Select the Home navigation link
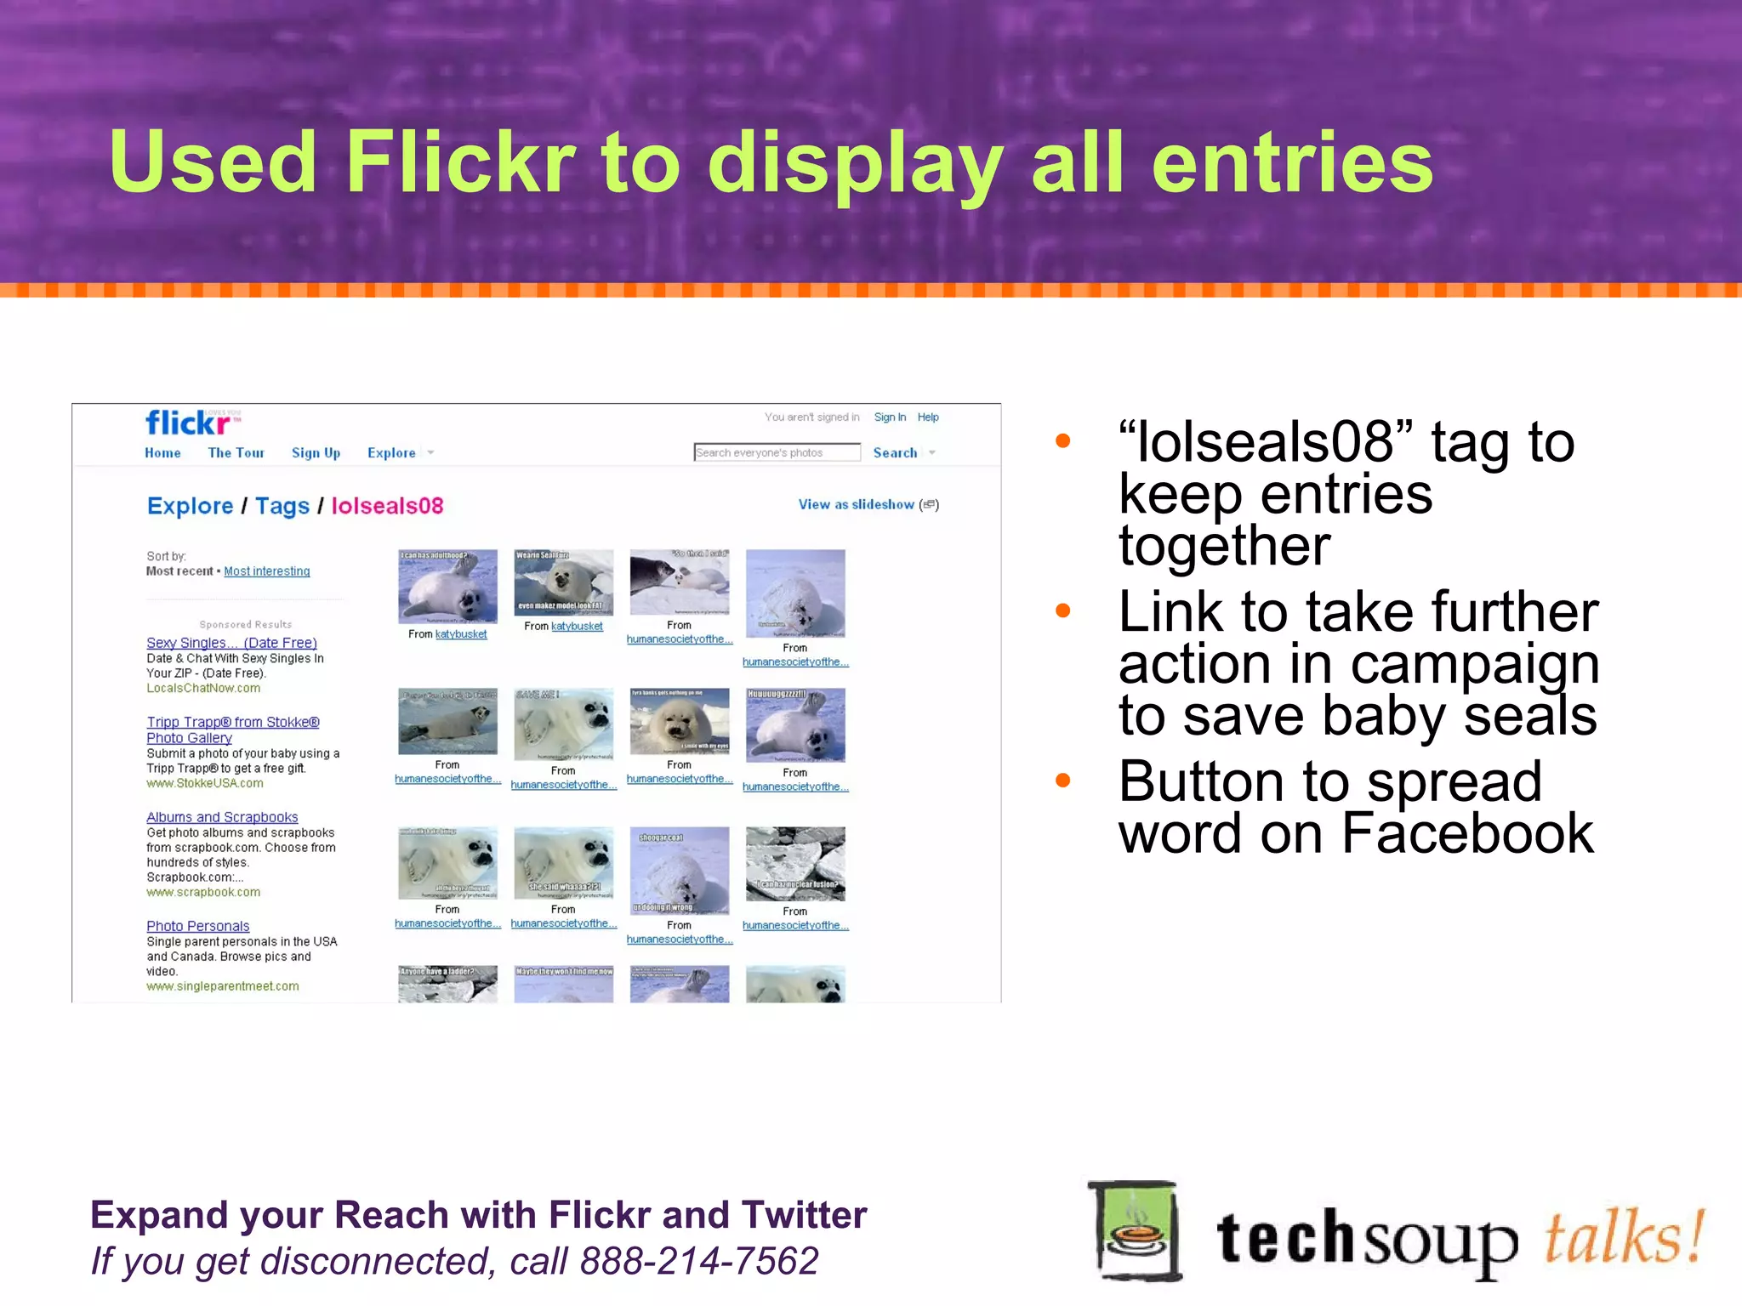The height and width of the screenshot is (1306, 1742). click(162, 453)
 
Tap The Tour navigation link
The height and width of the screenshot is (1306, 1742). click(236, 453)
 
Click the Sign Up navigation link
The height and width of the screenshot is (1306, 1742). click(316, 453)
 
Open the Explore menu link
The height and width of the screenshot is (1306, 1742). click(391, 453)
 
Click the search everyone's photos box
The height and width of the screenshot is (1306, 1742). click(776, 452)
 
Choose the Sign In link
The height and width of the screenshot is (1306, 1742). click(890, 417)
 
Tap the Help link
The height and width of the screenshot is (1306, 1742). click(928, 417)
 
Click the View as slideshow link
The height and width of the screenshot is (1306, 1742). click(856, 504)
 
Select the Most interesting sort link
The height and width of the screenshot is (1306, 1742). click(267, 571)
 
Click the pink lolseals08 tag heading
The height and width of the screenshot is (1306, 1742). click(387, 506)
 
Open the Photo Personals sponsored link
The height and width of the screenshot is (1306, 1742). click(198, 926)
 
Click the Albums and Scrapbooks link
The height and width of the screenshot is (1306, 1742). click(222, 817)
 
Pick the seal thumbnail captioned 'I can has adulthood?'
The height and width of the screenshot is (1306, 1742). click(447, 587)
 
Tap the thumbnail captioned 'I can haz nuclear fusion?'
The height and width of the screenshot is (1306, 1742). click(795, 864)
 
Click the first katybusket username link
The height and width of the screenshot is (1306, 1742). click(461, 634)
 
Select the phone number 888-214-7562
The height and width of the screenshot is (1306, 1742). click(698, 1261)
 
